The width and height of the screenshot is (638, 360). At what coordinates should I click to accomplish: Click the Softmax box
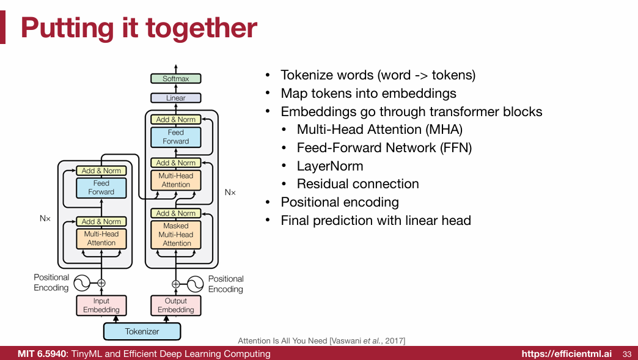click(x=176, y=79)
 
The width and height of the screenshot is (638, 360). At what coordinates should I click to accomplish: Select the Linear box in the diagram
click(x=176, y=98)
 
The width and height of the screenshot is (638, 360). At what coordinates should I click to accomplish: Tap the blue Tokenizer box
click(x=142, y=331)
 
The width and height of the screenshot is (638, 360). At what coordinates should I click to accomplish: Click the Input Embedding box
click(x=101, y=305)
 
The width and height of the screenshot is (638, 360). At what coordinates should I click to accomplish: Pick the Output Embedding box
click(x=176, y=305)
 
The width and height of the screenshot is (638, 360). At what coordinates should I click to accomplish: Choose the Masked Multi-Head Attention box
click(x=176, y=235)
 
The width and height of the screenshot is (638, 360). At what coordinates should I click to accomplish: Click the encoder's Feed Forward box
click(x=101, y=188)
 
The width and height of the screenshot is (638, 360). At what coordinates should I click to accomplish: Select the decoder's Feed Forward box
click(x=176, y=137)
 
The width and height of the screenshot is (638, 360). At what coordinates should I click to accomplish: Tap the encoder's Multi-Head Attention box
click(x=101, y=238)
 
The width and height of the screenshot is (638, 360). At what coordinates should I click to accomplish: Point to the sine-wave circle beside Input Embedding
click(x=81, y=283)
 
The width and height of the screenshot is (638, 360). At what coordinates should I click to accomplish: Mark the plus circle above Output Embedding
click(x=176, y=284)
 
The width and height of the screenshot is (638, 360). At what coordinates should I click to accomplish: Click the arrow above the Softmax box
click(x=176, y=68)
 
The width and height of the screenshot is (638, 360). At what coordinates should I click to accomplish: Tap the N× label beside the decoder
click(x=230, y=193)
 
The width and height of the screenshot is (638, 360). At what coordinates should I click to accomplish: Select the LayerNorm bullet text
click(x=330, y=166)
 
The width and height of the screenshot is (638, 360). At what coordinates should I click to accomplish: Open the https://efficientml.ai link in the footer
click(x=566, y=354)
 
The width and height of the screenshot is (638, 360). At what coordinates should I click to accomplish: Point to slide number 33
click(x=627, y=354)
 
